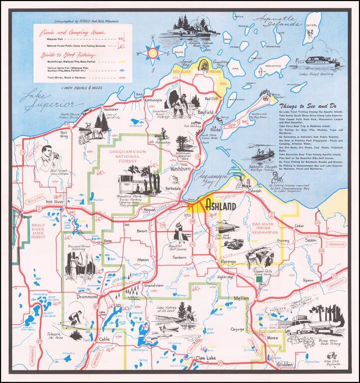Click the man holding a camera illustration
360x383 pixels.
pos(49,156)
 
